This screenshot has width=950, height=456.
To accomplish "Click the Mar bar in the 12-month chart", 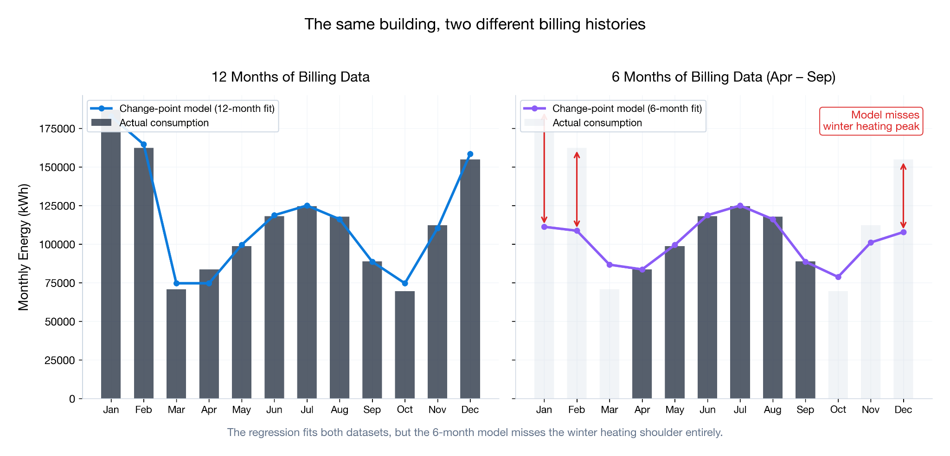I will tap(176, 344).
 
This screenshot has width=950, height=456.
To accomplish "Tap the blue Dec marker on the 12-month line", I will tap(470, 154).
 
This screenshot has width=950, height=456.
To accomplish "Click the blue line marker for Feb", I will tap(143, 144).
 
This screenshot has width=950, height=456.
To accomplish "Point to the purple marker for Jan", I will tap(544, 227).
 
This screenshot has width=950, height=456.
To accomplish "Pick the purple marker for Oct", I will tap(838, 277).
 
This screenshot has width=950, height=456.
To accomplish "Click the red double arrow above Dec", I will tap(903, 195).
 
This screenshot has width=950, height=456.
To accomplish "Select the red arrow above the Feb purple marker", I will tap(577, 189).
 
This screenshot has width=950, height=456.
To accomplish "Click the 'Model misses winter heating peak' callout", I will tap(871, 121).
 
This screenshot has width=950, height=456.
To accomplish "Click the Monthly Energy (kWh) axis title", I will tap(24, 247).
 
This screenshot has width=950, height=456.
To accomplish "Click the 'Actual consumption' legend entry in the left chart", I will tap(164, 123).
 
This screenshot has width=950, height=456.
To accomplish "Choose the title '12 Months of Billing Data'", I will tap(290, 77).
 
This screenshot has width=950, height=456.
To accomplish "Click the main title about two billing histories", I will tap(475, 24).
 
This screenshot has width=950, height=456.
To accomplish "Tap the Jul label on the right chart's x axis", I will tap(740, 410).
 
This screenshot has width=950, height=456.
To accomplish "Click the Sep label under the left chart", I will tap(372, 410).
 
